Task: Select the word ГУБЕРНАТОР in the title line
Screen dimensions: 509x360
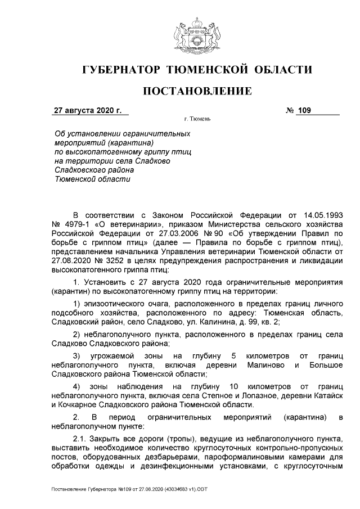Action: coord(121,70)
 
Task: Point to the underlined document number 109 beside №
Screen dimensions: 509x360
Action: coord(304,110)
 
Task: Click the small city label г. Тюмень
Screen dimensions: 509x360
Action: coord(197,119)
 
